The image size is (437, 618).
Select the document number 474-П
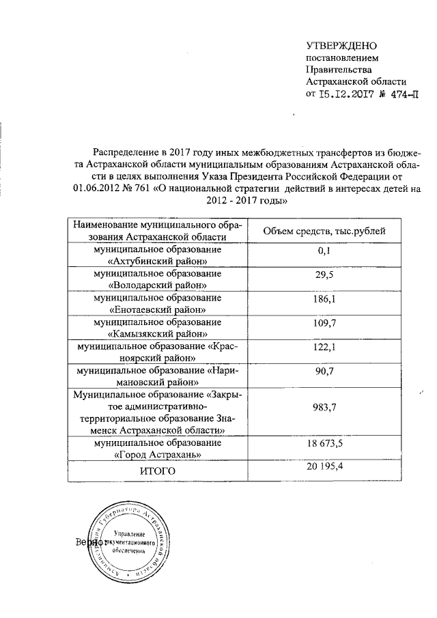click(x=401, y=95)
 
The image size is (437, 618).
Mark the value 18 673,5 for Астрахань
click(x=324, y=445)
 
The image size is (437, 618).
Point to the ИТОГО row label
click(x=157, y=470)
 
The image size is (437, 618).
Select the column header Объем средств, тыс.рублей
click(x=324, y=230)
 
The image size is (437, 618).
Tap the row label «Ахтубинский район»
click(x=158, y=261)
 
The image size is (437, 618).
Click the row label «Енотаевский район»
click(x=158, y=309)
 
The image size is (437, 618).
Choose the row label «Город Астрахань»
click(x=158, y=453)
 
